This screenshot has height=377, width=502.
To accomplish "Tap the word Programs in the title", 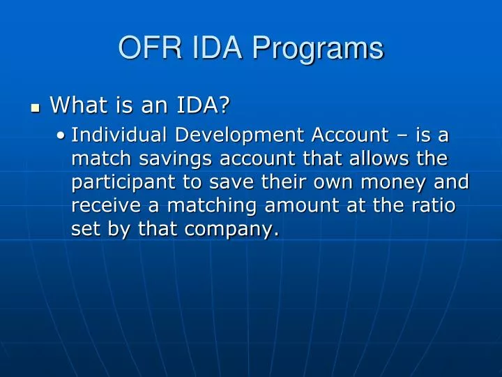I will (x=318, y=48).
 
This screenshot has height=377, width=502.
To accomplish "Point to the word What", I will (x=75, y=105).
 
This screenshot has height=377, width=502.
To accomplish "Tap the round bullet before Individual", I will (x=63, y=136).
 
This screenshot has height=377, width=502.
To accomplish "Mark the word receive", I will (x=102, y=206).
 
